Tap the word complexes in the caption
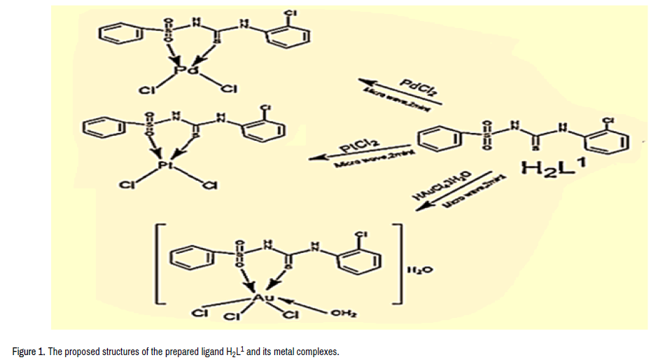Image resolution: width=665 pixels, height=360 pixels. click(x=318, y=351)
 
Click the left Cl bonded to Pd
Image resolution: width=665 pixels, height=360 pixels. click(x=146, y=90)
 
